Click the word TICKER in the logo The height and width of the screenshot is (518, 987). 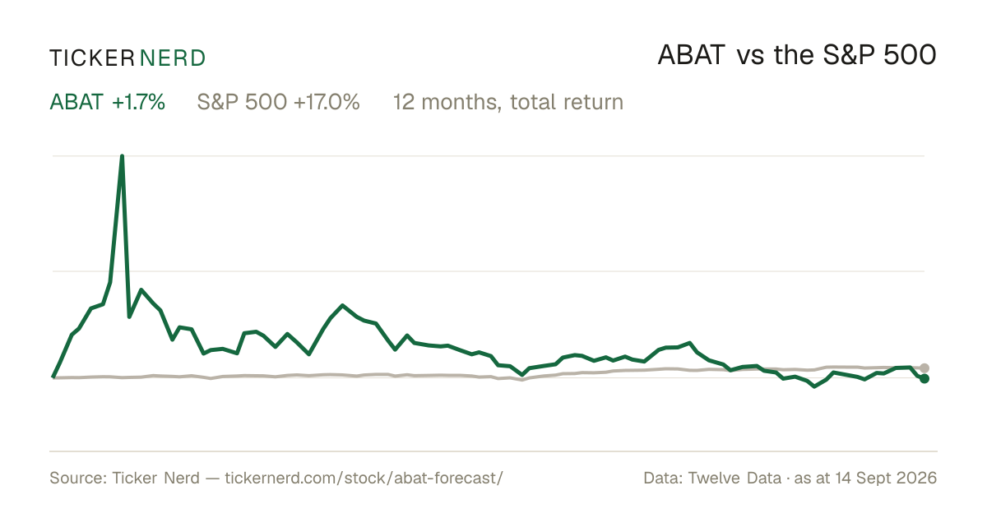pos(91,58)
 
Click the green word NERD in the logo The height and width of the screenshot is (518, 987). pos(172,58)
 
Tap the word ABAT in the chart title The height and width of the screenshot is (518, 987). pos(691,55)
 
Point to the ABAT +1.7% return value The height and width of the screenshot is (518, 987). pos(138,102)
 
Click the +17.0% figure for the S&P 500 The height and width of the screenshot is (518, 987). pos(327,102)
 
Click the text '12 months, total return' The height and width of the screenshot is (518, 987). pos(508,103)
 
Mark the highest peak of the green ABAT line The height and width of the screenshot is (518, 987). pos(122,156)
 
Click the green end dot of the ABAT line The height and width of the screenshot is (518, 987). pos(924,378)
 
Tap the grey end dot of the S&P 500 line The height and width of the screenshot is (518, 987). pos(924,368)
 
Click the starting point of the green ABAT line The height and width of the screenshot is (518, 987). pos(53,377)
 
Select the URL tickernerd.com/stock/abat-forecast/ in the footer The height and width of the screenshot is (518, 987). pos(364,478)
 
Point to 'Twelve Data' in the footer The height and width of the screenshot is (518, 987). pos(734,478)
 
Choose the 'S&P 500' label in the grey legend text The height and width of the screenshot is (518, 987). pos(242,102)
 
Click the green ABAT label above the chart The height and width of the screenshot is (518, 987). pos(76,102)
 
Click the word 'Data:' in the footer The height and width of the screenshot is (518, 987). pos(663,478)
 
